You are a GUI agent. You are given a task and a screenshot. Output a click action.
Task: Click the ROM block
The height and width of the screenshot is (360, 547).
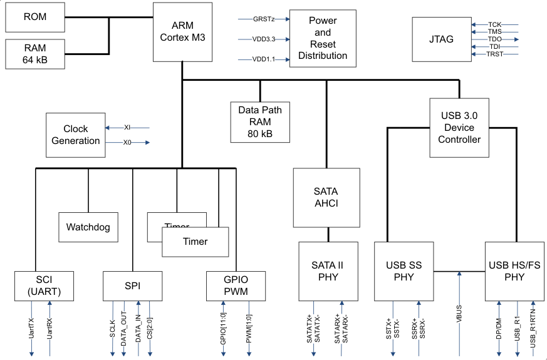coord(35,17)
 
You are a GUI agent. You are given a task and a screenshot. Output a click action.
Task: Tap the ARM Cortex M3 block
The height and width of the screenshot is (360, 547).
coord(182,31)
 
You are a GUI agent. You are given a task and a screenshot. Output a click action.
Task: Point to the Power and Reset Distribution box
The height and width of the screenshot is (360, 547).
coord(322,39)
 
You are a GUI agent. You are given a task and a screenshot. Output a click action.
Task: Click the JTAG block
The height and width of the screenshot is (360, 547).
coord(441,39)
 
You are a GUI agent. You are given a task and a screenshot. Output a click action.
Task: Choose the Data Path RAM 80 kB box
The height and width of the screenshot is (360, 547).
coord(260,121)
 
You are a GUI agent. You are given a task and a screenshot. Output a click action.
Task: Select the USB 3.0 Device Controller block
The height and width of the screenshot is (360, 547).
coord(459,128)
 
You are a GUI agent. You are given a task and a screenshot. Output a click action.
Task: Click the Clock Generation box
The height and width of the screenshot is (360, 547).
coord(76,135)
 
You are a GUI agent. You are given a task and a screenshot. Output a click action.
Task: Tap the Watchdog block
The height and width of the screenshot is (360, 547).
coord(88,227)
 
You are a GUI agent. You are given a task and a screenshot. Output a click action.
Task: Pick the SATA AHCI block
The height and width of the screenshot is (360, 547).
coord(326,197)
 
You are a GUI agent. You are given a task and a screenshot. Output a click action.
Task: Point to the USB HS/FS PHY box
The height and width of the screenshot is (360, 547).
coord(514,270)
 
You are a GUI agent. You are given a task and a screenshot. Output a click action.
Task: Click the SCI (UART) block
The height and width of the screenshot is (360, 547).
coord(44,285)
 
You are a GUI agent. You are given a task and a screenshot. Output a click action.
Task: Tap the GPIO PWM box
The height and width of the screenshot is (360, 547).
coord(236,285)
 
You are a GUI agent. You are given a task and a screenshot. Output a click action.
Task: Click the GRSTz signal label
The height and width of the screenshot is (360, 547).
coord(263,19)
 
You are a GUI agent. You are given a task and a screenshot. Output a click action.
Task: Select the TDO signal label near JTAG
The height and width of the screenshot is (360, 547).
coord(495,39)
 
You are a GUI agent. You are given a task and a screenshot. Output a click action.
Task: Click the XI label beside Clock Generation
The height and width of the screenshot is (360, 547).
coord(127,127)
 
